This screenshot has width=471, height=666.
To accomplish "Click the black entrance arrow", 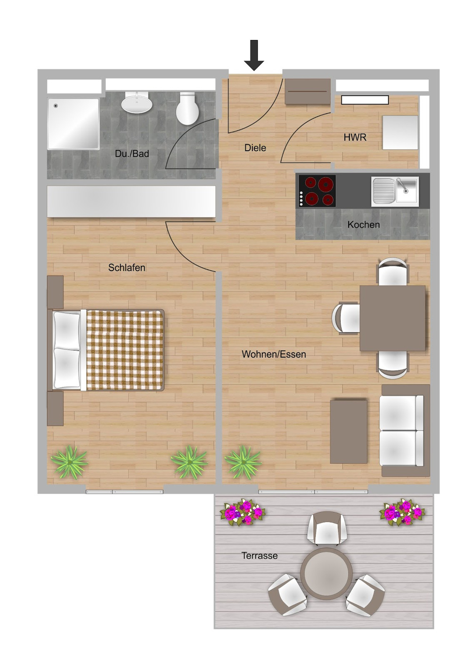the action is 254,55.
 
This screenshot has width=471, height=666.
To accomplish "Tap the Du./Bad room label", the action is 132,154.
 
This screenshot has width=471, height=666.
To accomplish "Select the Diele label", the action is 255,148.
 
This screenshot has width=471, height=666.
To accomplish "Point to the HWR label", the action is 355,137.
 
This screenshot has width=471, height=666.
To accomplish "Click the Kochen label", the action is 364,225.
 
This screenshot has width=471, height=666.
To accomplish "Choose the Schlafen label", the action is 127,268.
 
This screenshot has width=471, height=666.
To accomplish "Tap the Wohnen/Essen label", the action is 274,354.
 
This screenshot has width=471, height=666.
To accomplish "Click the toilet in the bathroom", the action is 187,108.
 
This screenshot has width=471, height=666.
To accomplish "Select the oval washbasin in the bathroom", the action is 137,103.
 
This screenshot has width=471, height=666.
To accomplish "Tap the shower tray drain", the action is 55,105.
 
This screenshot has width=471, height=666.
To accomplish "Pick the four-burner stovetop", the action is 317,191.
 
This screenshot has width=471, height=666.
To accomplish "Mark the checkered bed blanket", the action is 125,351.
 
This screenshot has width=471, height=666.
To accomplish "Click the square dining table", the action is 393,319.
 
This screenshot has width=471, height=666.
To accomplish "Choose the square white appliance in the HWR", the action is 400,133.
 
